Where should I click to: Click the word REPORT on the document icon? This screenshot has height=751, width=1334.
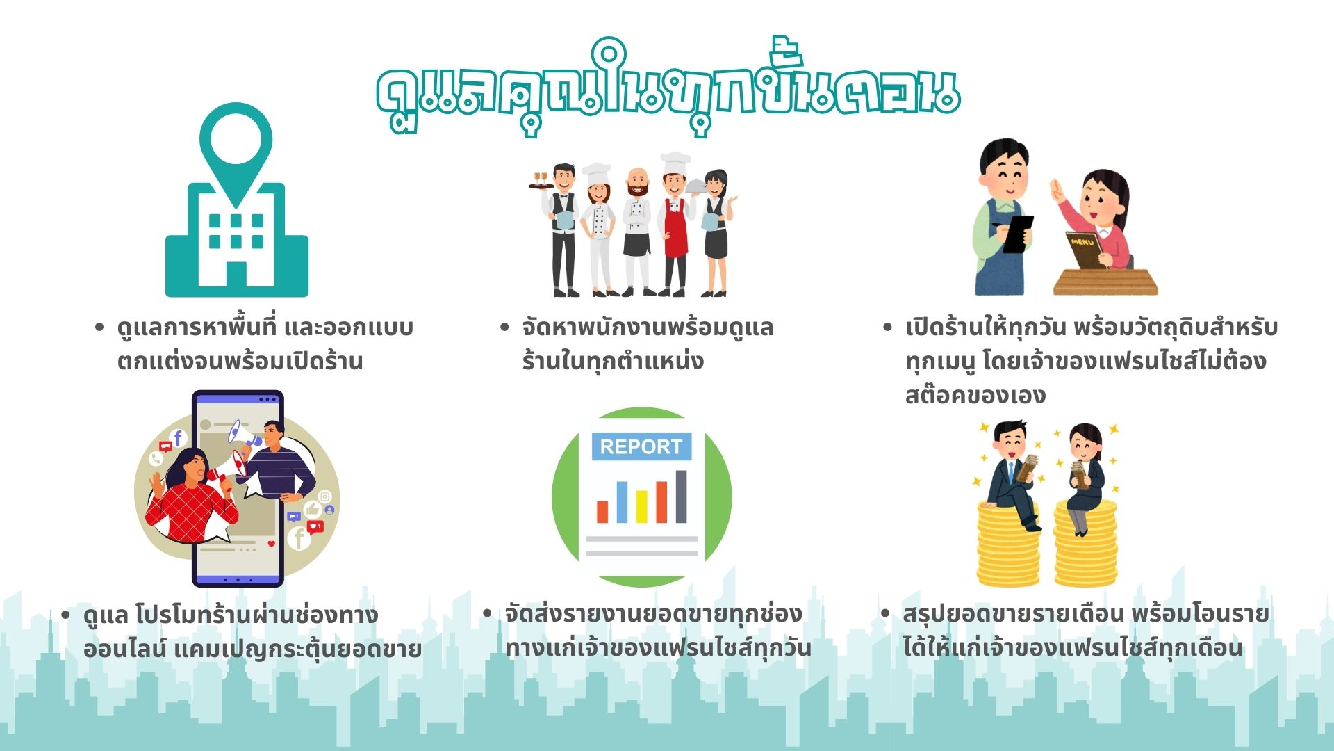[641, 446]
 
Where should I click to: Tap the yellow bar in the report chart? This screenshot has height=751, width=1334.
[642, 506]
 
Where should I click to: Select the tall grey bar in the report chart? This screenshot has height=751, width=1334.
[682, 496]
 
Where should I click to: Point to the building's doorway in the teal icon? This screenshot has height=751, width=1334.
[236, 275]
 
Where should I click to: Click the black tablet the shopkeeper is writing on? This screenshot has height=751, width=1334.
[1019, 234]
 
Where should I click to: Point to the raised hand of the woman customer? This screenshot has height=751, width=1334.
[1057, 191]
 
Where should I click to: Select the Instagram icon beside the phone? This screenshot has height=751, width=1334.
[324, 496]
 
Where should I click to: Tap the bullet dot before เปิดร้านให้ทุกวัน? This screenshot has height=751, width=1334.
[887, 327]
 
